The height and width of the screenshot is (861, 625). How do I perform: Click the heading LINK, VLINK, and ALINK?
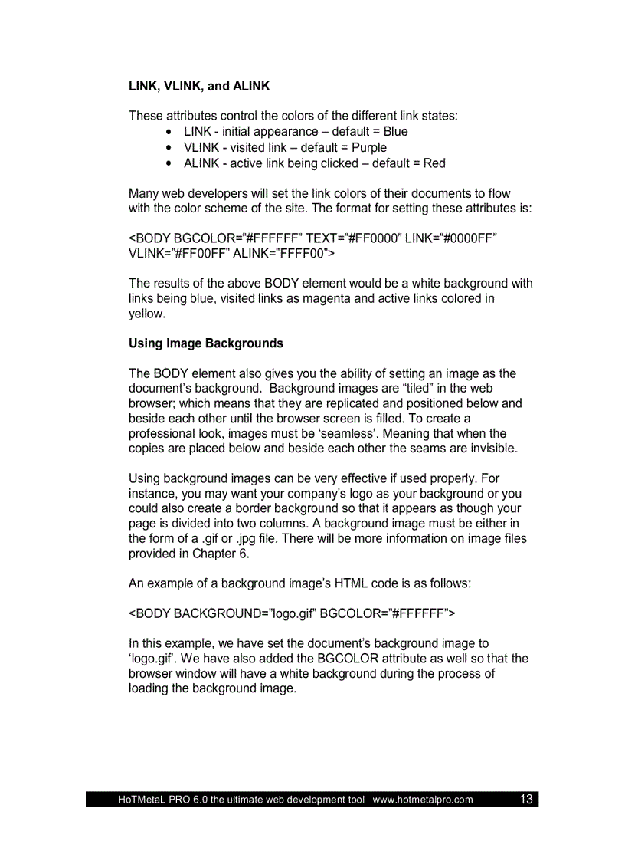click(x=199, y=87)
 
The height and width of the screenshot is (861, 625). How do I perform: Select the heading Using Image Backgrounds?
click(x=205, y=343)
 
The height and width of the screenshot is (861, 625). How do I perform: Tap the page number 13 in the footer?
click(x=526, y=800)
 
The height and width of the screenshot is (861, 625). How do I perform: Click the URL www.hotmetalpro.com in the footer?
click(x=423, y=800)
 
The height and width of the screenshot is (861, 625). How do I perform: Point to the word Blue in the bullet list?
click(x=395, y=132)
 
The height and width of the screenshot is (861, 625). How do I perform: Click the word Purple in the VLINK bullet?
click(x=369, y=147)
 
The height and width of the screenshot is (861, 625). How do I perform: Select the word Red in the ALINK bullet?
click(x=434, y=163)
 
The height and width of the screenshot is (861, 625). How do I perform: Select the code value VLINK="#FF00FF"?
click(x=178, y=253)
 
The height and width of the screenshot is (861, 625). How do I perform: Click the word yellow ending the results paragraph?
click(x=146, y=314)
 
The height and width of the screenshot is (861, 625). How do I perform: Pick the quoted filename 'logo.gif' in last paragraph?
click(x=150, y=659)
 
